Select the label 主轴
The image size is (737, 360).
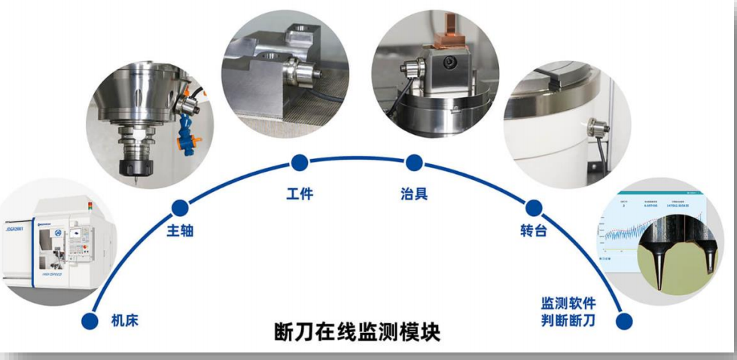[180, 230]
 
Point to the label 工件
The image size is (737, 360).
[300, 194]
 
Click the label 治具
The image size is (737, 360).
[414, 194]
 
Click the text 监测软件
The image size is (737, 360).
[568, 304]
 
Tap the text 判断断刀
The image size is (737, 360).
[568, 322]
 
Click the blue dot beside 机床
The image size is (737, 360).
[90, 321]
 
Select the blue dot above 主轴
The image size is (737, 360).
[180, 207]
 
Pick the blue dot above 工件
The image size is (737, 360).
[300, 162]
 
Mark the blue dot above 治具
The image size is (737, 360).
[414, 162]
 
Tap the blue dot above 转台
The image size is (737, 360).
[534, 208]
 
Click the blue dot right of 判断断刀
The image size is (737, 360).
[624, 322]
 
